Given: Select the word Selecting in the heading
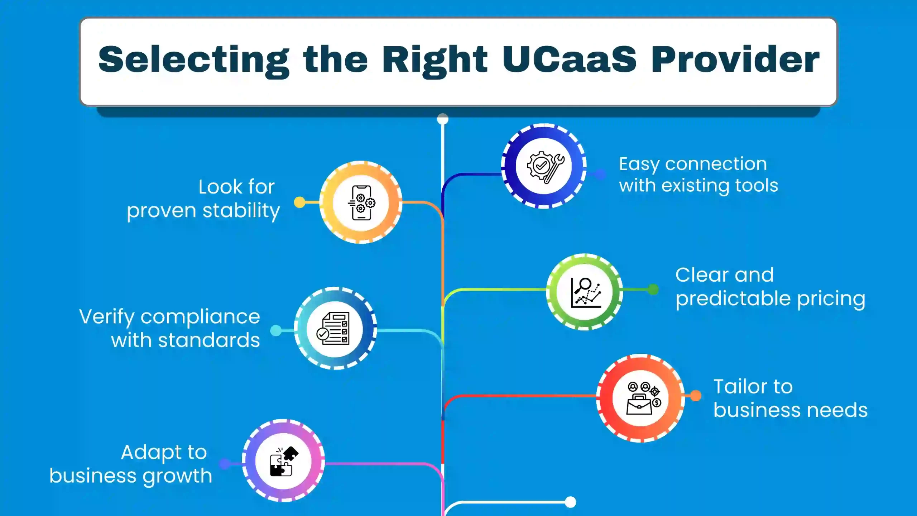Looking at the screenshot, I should [193, 60].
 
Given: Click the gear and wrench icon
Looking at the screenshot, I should [544, 167].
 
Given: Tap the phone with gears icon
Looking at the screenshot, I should [361, 203].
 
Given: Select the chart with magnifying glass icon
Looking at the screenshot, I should [585, 292].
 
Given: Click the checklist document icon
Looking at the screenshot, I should [334, 329].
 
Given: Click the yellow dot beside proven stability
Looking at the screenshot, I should [299, 202].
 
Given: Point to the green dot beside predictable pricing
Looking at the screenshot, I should [653, 289].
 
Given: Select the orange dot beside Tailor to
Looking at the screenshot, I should [696, 396].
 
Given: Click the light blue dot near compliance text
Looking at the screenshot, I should [276, 330].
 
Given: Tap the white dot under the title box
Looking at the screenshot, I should [443, 119].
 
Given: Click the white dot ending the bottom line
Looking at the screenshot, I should [570, 502].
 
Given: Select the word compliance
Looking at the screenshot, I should [200, 317].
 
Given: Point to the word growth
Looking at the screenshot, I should [177, 477].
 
